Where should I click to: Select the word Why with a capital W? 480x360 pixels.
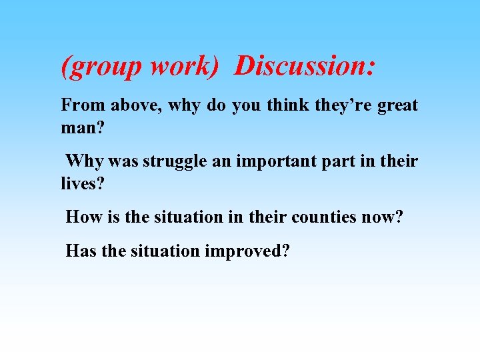pyautogui.click(x=84, y=161)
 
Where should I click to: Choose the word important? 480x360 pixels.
pyautogui.click(x=273, y=162)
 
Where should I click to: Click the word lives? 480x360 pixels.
pyautogui.click(x=83, y=183)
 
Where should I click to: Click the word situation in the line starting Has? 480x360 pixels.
pyautogui.click(x=167, y=251)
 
